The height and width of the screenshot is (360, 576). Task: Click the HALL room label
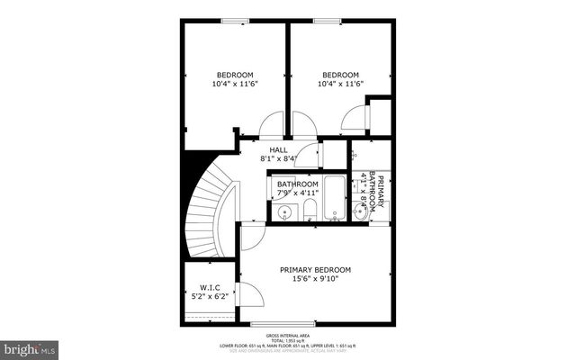click(278, 149)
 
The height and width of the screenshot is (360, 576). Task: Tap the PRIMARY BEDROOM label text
click(315, 270)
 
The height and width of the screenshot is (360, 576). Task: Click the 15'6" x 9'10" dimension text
click(315, 279)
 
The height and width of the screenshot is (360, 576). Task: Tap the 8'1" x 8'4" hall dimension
click(278, 158)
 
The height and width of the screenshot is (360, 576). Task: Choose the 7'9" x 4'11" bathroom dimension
click(297, 193)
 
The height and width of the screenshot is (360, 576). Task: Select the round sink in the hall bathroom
click(284, 213)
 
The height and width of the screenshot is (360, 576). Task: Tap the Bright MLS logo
click(30, 346)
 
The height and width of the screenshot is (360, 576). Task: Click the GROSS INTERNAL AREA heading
click(288, 333)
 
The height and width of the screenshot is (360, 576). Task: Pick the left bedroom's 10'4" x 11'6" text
click(235, 84)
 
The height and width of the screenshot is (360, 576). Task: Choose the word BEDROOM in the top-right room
click(340, 75)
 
